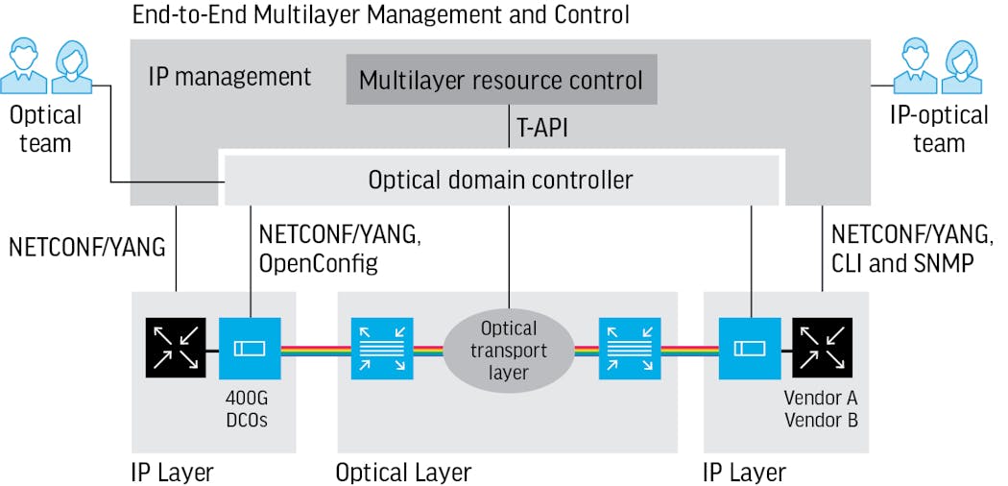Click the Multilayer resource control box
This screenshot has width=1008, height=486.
tap(501, 80)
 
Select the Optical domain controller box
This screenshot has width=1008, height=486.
tap(501, 180)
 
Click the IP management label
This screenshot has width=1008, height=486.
tap(229, 78)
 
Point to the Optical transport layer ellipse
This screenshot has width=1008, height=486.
tap(509, 351)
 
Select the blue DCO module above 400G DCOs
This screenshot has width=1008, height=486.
tap(250, 349)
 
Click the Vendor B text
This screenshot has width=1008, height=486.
tap(821, 420)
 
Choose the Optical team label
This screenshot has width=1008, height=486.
tap(45, 130)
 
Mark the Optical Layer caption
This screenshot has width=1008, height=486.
tap(403, 473)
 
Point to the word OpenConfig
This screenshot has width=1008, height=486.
tap(319, 262)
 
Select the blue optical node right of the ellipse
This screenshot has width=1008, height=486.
tap(630, 349)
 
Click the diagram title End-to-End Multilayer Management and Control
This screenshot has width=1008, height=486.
tap(380, 14)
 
